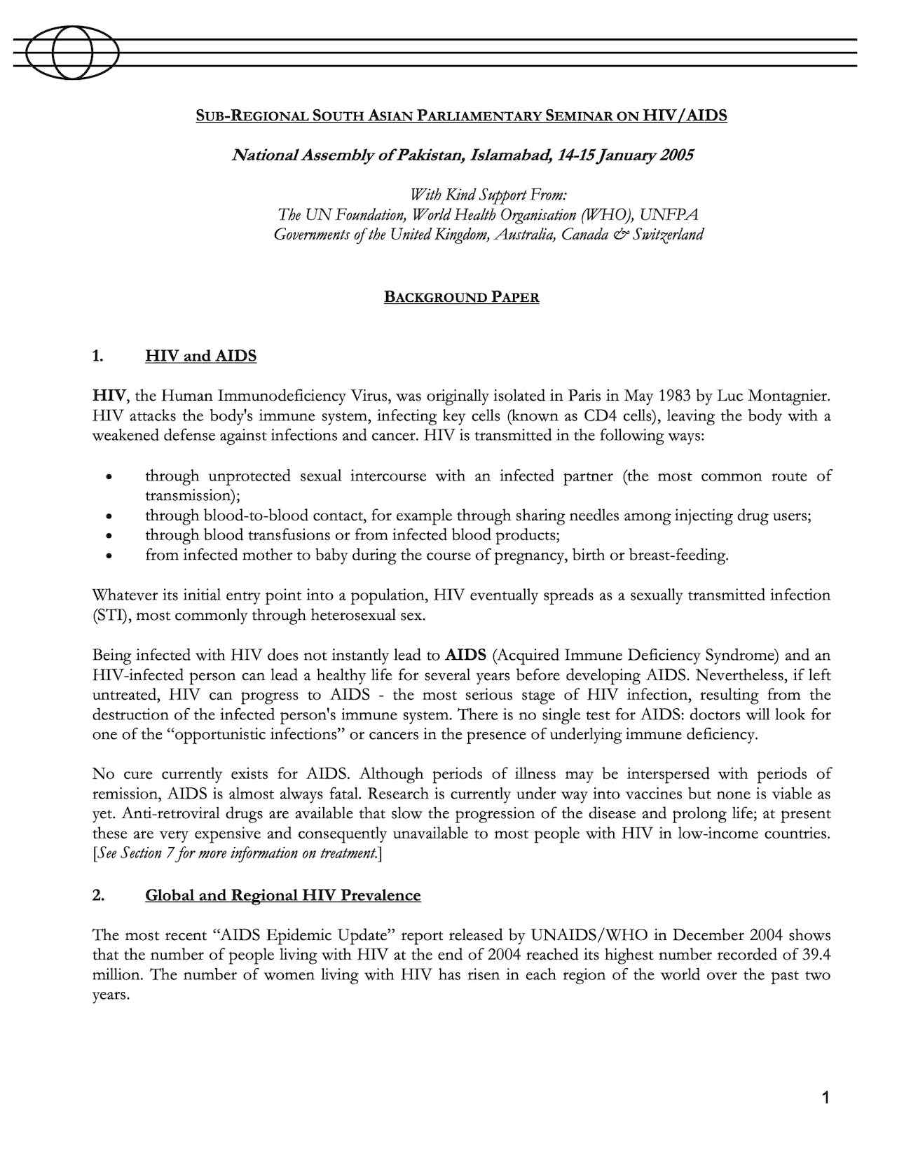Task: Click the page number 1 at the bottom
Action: [826, 1098]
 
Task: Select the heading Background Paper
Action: [461, 297]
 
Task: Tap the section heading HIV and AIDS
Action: [200, 356]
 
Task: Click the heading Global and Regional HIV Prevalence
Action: [282, 895]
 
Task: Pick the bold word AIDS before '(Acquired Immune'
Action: [465, 656]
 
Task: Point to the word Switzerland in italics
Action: [668, 235]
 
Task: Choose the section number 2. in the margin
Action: [98, 895]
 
